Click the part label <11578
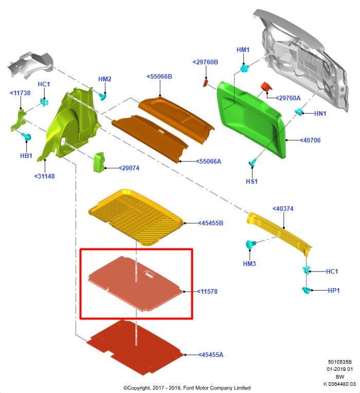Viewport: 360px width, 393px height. (x=207, y=292)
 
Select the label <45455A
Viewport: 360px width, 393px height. (x=210, y=354)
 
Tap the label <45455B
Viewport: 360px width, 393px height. (x=210, y=223)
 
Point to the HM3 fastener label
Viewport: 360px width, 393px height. (x=249, y=264)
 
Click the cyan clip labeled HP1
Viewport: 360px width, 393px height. (x=307, y=290)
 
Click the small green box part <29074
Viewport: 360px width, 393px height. (x=99, y=162)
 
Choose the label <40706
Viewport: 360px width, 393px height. (x=310, y=140)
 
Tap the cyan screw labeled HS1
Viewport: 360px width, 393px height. (x=253, y=162)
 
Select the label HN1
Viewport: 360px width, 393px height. (x=320, y=114)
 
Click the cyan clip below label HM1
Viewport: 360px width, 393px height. (x=244, y=68)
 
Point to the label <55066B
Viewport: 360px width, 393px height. (x=159, y=77)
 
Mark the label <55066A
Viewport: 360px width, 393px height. (x=208, y=162)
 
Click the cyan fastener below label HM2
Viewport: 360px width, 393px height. (x=102, y=96)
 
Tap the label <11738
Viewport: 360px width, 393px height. (x=20, y=93)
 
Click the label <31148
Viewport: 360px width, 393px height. (x=44, y=176)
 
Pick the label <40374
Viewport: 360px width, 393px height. (x=283, y=208)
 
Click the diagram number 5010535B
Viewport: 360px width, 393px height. (x=340, y=362)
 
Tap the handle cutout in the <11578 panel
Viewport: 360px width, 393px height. (x=149, y=275)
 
